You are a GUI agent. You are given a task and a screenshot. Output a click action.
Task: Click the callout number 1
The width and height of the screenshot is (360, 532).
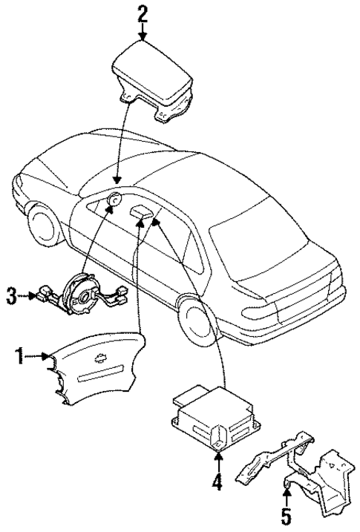[20, 357]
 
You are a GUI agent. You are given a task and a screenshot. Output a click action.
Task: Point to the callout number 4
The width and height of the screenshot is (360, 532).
[215, 483]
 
